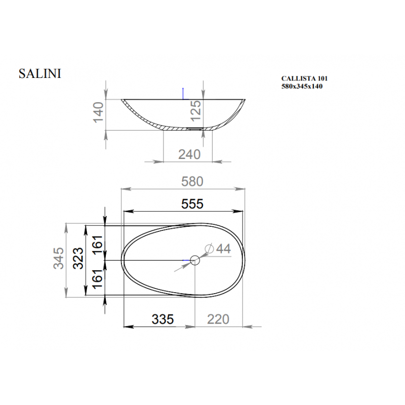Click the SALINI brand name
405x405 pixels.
[40, 73]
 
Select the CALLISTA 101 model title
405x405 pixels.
[304, 78]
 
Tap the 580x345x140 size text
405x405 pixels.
[302, 86]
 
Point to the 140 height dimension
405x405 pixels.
[98, 112]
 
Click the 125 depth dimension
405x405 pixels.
[195, 110]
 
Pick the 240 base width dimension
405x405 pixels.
[189, 154]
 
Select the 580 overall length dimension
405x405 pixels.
[192, 181]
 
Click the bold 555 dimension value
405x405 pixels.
[192, 204]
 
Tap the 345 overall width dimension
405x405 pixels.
[58, 258]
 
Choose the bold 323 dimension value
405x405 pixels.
[78, 258]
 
